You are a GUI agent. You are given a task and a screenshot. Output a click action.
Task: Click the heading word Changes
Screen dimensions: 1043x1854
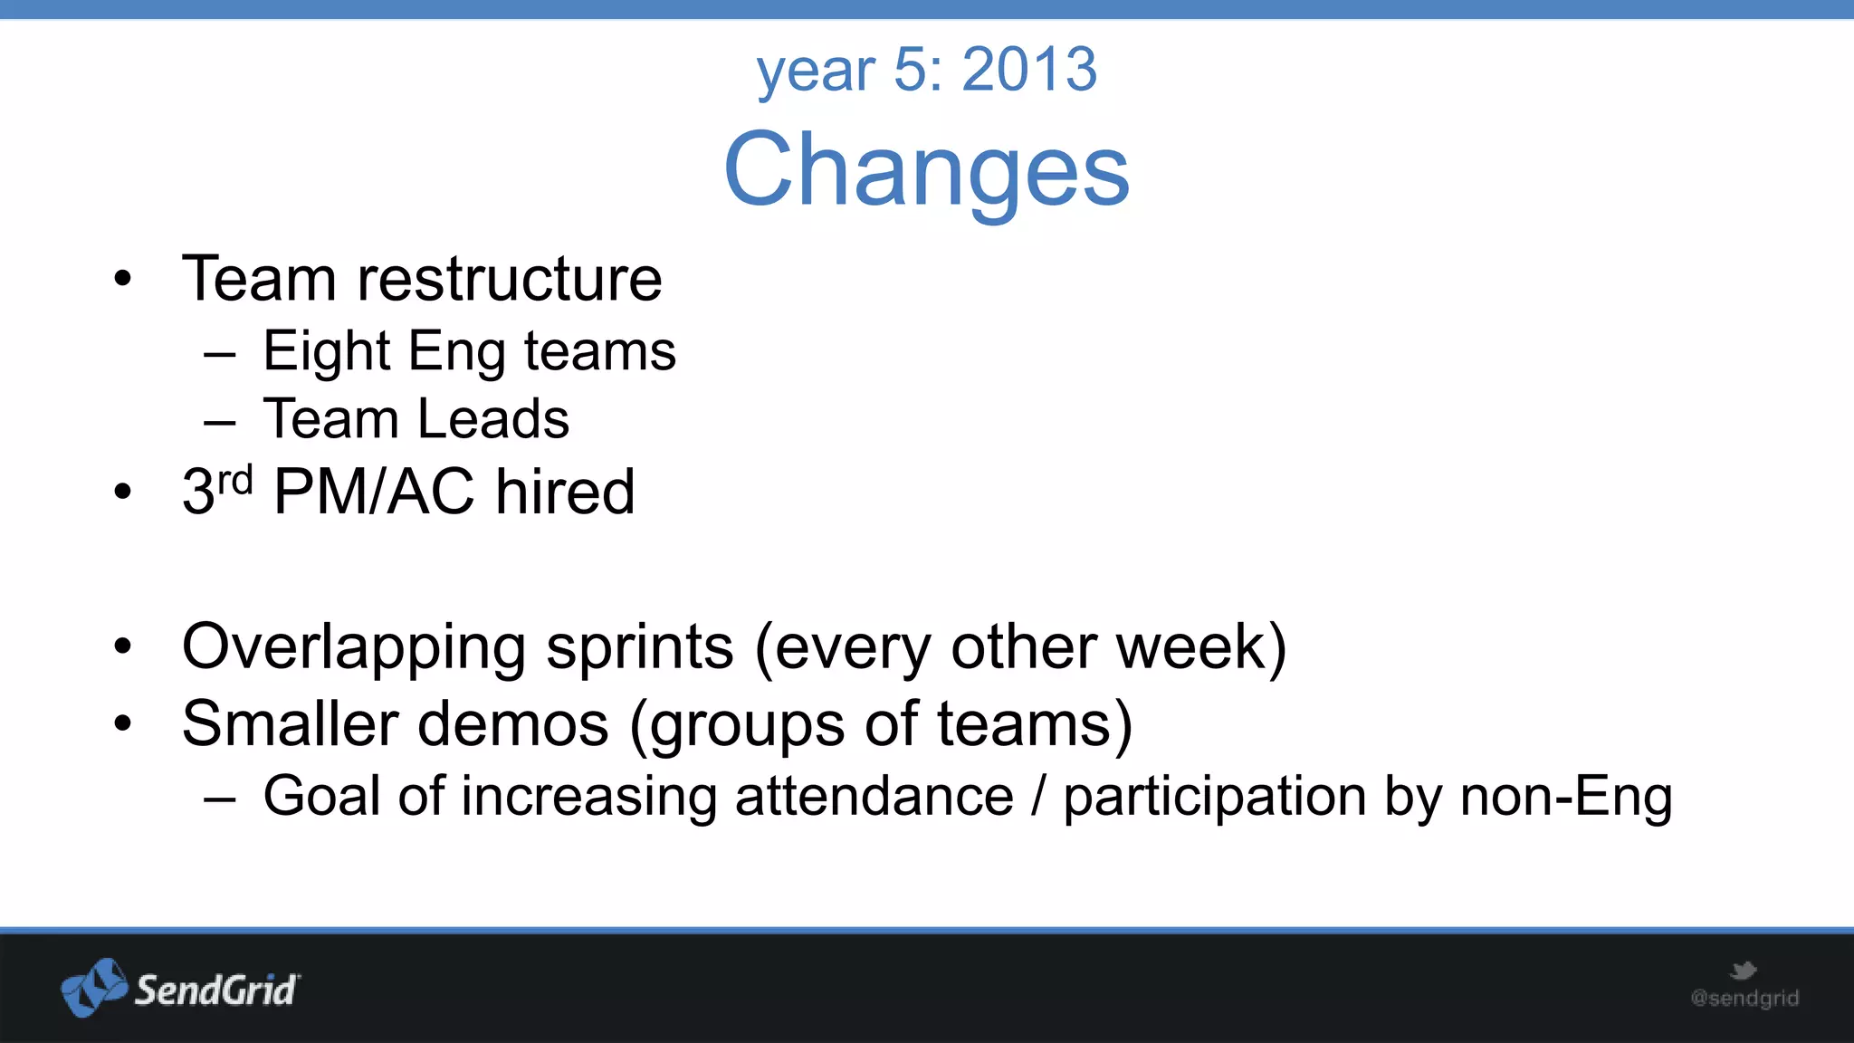click(926, 169)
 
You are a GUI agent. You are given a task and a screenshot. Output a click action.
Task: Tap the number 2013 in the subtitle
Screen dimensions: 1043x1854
click(1029, 69)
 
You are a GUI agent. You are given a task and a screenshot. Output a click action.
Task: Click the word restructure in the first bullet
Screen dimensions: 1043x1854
click(510, 279)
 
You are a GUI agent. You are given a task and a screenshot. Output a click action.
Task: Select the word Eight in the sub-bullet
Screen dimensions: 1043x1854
click(326, 351)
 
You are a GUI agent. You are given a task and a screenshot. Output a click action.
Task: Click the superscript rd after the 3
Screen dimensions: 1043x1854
click(235, 479)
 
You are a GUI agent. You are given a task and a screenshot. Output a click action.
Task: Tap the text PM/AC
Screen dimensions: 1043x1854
click(373, 493)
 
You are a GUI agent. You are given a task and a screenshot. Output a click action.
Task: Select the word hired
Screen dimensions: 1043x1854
click(565, 493)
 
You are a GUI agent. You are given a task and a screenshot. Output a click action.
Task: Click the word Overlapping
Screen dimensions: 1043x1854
click(354, 648)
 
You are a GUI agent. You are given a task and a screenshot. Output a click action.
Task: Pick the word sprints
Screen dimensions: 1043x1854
click(639, 648)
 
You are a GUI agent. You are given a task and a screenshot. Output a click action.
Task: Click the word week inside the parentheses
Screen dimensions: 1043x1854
click(1190, 648)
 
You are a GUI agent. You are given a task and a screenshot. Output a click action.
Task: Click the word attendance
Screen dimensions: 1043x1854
click(874, 797)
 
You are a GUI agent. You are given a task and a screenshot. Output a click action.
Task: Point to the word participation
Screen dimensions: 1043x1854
click(1213, 797)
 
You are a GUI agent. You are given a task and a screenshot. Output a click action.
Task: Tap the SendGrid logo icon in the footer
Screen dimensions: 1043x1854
click(94, 987)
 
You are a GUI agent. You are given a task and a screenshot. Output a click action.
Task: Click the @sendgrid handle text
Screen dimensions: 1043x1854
click(1744, 999)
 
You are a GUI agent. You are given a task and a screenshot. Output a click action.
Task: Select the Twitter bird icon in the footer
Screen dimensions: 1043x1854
click(1743, 971)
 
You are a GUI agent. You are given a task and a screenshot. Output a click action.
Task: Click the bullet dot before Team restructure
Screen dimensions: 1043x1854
click(123, 280)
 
